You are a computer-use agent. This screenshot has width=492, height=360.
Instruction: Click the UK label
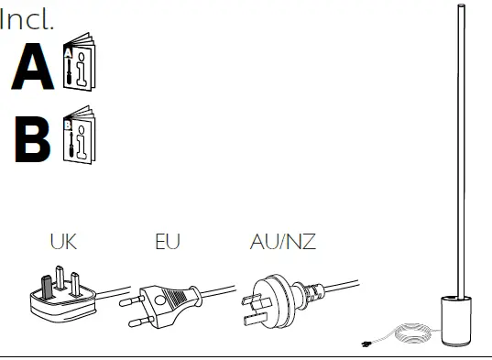[x=63, y=242]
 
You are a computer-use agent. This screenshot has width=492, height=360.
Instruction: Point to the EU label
[x=168, y=242]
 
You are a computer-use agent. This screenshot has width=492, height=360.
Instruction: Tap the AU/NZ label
[x=283, y=242]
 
